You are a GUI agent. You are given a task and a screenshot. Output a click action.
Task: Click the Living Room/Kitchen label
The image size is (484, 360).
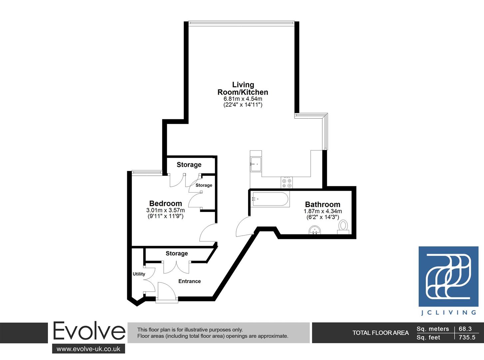(x=243, y=89)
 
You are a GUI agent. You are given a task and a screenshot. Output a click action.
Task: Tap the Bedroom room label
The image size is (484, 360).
(x=166, y=203)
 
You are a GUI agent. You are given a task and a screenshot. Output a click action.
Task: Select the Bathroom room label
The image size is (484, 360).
(x=322, y=204)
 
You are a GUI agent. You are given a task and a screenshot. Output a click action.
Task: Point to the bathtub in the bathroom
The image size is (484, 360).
(x=270, y=199)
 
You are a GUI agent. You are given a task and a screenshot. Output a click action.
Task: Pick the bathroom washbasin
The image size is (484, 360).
(x=315, y=230)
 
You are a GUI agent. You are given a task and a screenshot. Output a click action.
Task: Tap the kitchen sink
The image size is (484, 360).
(x=256, y=164)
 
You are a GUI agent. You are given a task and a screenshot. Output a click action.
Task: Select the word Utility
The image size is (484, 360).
(x=139, y=274)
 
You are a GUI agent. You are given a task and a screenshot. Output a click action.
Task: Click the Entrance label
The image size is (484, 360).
(x=190, y=281)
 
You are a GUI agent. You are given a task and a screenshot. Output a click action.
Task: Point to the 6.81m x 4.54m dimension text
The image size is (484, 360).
(x=243, y=99)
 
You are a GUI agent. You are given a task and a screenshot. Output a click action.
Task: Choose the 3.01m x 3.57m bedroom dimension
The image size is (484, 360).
(x=166, y=210)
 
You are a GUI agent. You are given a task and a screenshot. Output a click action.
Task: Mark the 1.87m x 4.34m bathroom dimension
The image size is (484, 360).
(x=322, y=211)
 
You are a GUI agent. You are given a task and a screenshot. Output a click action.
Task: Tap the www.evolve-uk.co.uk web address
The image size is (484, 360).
(x=88, y=349)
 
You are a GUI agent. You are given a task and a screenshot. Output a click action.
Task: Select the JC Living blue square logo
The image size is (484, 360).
(x=448, y=276)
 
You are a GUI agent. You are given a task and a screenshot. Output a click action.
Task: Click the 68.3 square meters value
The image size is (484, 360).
(x=465, y=329)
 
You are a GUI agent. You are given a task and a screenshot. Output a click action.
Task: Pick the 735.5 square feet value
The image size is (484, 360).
(x=467, y=337)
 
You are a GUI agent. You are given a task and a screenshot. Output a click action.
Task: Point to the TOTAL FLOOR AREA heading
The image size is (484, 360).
(x=380, y=333)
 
